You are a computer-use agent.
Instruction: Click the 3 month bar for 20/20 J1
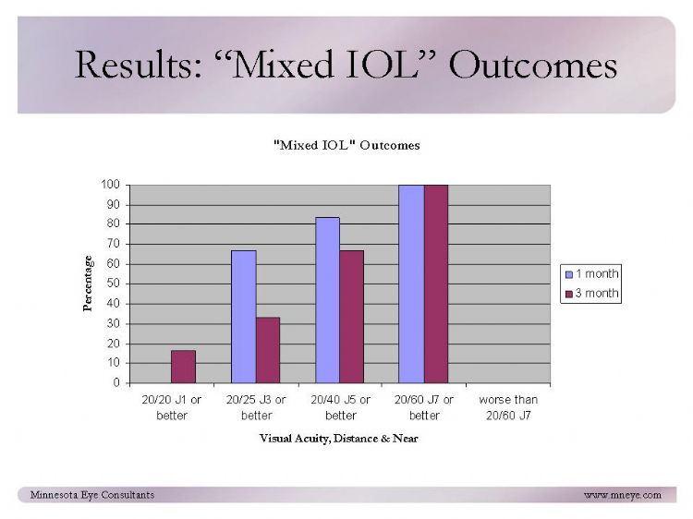[x=184, y=367]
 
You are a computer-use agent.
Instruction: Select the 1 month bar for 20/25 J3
[x=244, y=317]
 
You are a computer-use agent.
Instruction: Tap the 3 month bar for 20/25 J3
[x=268, y=350]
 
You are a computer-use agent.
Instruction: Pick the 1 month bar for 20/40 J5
[x=327, y=300]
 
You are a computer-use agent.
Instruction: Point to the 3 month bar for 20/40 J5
[x=352, y=317]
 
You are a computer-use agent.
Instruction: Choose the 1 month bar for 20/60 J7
[x=411, y=284]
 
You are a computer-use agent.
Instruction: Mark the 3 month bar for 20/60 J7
[x=436, y=284]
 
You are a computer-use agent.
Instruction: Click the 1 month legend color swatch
[x=569, y=274]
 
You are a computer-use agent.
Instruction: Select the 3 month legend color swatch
[x=569, y=294]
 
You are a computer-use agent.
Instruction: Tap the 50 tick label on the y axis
[x=113, y=284]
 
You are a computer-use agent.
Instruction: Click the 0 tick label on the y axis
[x=116, y=382]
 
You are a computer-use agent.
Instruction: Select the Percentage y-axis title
[x=88, y=284]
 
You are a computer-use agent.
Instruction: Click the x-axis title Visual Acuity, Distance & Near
[x=338, y=439]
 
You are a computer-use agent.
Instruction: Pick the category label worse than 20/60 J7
[x=508, y=407]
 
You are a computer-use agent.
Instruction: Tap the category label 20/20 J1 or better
[x=172, y=407]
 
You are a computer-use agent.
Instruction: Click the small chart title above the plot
[x=346, y=145]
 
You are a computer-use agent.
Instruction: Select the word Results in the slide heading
[x=139, y=65]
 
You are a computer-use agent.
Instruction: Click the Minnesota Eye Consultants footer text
[x=92, y=495]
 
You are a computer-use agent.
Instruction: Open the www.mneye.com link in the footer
[x=623, y=495]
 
